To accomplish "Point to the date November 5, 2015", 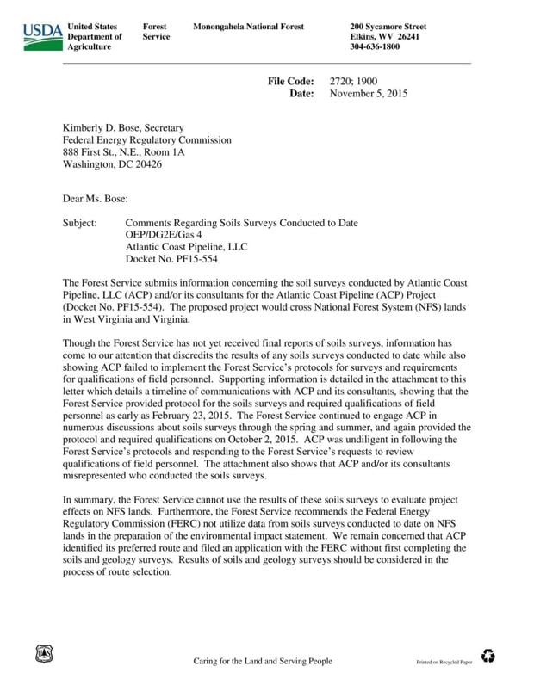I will [369, 93].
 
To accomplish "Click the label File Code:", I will [294, 82].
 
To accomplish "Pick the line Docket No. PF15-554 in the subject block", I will [175, 259].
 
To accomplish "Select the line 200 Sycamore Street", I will [388, 27].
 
